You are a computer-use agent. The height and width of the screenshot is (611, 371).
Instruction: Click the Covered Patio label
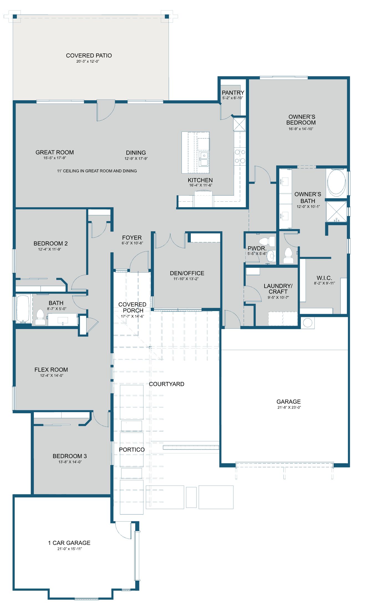click(x=89, y=56)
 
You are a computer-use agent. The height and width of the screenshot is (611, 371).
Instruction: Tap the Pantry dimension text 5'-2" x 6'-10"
click(x=233, y=98)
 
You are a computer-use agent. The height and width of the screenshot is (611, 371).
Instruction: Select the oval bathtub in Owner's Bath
click(x=336, y=183)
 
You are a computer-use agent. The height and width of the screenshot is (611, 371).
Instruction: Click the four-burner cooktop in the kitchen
click(x=240, y=156)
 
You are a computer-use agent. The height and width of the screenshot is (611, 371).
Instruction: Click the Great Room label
click(x=55, y=152)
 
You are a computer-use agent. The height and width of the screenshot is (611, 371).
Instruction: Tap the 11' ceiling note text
click(x=97, y=171)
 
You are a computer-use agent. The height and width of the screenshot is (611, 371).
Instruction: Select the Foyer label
click(x=132, y=238)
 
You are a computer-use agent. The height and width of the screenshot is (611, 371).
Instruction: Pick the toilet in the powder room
click(x=268, y=241)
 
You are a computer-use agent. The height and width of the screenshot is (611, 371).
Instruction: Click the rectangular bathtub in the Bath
click(x=23, y=309)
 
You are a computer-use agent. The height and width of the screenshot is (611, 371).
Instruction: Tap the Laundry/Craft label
click(x=278, y=289)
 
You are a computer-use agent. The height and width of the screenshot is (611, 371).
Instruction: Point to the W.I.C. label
click(x=324, y=278)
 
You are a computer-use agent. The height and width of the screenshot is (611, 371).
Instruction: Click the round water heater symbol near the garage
click(x=308, y=322)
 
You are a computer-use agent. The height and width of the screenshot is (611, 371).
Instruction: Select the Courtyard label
click(x=166, y=384)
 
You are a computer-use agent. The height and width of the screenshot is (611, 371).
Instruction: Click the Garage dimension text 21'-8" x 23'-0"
click(x=289, y=407)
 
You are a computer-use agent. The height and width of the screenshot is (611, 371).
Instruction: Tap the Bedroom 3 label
click(x=70, y=456)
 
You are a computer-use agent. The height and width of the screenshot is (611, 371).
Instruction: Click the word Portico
click(x=132, y=450)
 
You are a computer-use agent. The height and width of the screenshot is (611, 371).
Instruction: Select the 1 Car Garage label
click(x=69, y=543)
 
